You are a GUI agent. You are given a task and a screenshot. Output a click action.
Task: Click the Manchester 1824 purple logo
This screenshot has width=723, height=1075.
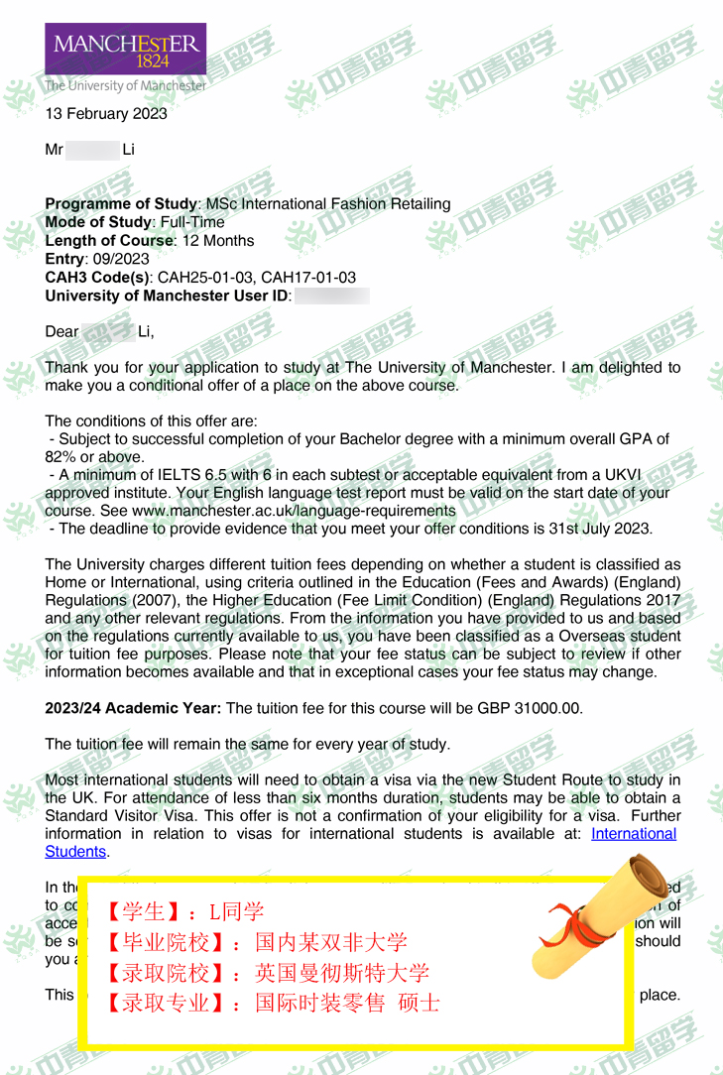point(125,49)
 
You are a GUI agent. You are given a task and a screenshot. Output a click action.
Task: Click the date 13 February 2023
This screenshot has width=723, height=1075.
point(106,113)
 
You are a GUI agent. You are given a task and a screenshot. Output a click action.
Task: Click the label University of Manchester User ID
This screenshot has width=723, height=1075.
point(167,296)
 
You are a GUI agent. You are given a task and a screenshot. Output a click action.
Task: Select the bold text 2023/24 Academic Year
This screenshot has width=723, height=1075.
point(134,708)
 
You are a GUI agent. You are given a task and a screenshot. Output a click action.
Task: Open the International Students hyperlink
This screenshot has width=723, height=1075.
point(634,834)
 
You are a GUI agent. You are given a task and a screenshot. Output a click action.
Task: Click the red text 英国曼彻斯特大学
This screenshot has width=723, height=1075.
point(342,972)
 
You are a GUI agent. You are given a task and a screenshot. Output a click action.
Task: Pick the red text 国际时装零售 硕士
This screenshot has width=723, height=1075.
point(347,1003)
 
